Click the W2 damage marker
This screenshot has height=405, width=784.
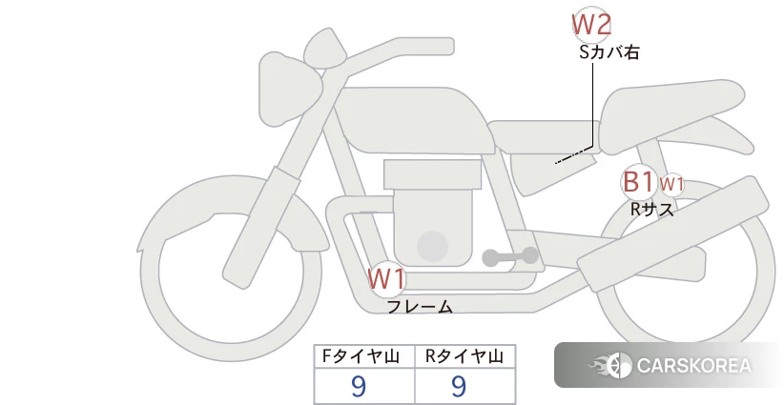coord(591,25)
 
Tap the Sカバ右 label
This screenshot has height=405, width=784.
coord(609,52)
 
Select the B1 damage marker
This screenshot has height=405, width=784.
coord(638,182)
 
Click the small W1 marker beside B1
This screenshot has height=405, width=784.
coord(671,184)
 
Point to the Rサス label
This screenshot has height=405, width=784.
coord(651,209)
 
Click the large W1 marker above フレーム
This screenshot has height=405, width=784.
coord(386,279)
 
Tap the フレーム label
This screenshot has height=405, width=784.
coord(420,306)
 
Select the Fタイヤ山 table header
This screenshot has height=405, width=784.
coord(364,356)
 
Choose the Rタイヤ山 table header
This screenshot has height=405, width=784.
coord(464,356)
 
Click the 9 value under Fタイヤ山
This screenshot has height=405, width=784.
coord(359,386)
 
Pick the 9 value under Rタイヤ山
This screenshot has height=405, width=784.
coord(459,386)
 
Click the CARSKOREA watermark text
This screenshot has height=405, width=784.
coord(694,366)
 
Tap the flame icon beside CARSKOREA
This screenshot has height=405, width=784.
coord(610,366)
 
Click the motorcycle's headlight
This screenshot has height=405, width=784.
coord(288,89)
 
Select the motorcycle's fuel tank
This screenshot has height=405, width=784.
coord(414,121)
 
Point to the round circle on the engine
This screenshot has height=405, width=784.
coord(432,246)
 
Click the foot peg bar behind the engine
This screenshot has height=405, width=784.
coord(510,256)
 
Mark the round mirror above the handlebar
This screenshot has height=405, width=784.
coord(325,49)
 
